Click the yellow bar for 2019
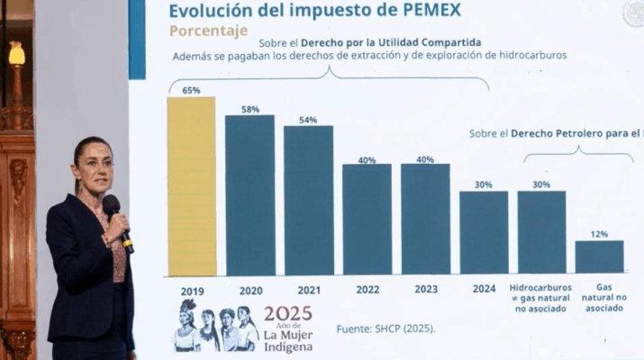(x=191, y=186)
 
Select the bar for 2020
(x=249, y=195)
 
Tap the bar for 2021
(x=308, y=200)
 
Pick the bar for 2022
(x=367, y=220)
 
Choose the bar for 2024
(x=484, y=232)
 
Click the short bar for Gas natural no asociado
(x=599, y=256)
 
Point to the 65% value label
(x=191, y=91)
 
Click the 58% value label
(x=249, y=109)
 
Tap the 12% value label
(x=599, y=234)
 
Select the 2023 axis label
(x=425, y=290)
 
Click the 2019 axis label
(x=191, y=291)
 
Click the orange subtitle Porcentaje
(x=208, y=31)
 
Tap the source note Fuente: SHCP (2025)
(x=385, y=328)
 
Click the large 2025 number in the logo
(x=287, y=314)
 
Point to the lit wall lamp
(x=17, y=55)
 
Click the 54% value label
(x=308, y=120)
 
